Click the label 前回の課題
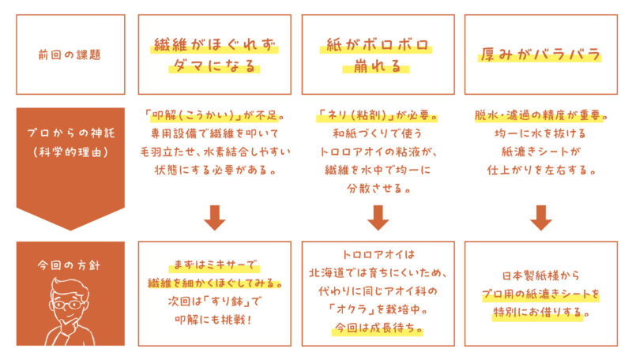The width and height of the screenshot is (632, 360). tap(70, 54)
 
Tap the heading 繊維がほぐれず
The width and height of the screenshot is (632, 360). tap(214, 45)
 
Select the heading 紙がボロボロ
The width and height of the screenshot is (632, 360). tap(377, 45)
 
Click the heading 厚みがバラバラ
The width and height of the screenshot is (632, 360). tap(540, 54)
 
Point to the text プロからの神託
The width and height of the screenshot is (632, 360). tap(70, 133)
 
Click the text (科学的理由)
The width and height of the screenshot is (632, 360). tap(70, 152)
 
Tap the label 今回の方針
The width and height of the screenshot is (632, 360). tap(69, 265)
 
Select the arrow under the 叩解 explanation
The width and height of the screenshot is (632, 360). tap(214, 217)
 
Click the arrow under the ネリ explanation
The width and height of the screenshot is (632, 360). tap(378, 217)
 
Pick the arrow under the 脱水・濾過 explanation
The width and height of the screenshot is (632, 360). tap(540, 217)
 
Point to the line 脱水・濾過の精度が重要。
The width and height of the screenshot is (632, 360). tap(540, 115)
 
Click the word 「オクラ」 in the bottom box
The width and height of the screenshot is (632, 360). tap(348, 309)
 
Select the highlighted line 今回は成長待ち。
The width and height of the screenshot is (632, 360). tap(378, 328)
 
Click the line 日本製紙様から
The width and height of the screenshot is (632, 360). tap(540, 276)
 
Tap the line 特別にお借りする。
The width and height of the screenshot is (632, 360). tap(541, 312)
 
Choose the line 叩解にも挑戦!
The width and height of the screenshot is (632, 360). tap(213, 320)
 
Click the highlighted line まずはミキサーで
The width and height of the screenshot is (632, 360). tap(214, 264)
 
